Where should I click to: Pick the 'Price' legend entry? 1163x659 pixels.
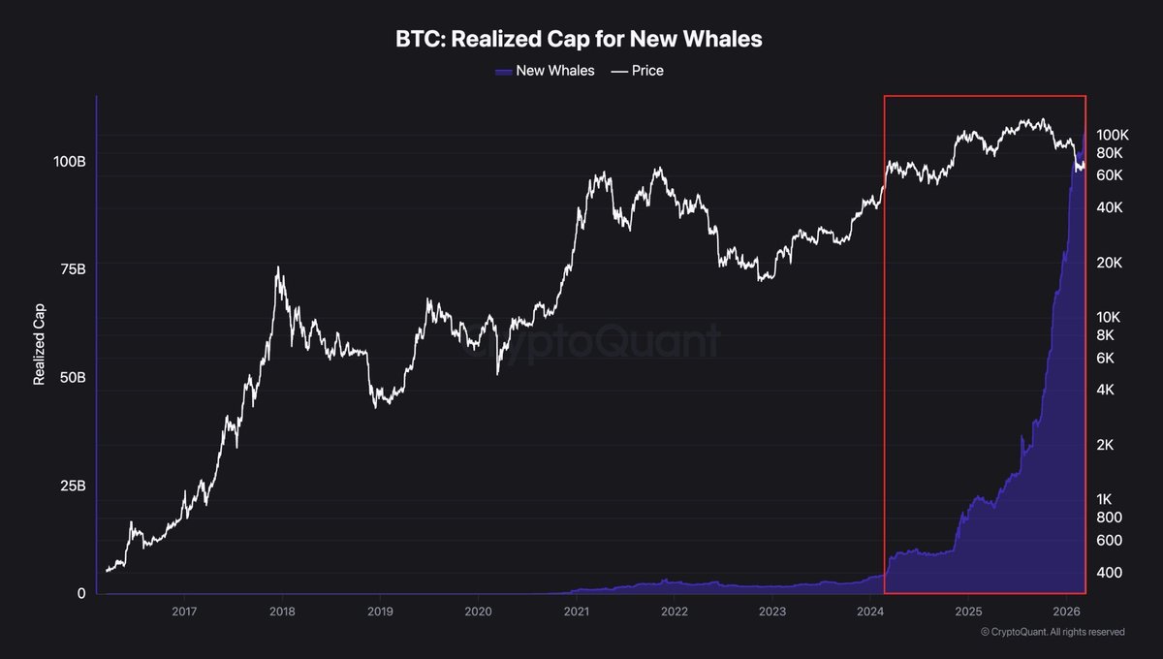638,71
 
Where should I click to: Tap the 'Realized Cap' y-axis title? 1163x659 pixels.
40,348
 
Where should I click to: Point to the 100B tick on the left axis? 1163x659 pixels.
68,161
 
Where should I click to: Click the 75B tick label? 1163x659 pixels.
72,269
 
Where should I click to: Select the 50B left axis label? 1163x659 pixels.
72,377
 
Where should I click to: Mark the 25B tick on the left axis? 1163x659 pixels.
72,486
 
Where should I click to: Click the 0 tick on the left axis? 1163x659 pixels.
81,593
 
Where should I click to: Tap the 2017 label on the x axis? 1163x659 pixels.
184,612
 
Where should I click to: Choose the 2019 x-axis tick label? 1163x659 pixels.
380,612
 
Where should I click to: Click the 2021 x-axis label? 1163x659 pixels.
577,612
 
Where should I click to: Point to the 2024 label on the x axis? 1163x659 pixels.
870,612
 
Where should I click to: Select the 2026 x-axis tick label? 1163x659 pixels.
1066,612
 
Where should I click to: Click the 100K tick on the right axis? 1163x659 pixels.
1112,135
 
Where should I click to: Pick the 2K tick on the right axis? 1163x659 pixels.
1106,445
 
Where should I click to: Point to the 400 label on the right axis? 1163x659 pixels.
1108,573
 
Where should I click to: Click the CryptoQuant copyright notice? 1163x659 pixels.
1052,632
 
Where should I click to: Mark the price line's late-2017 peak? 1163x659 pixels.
278,267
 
